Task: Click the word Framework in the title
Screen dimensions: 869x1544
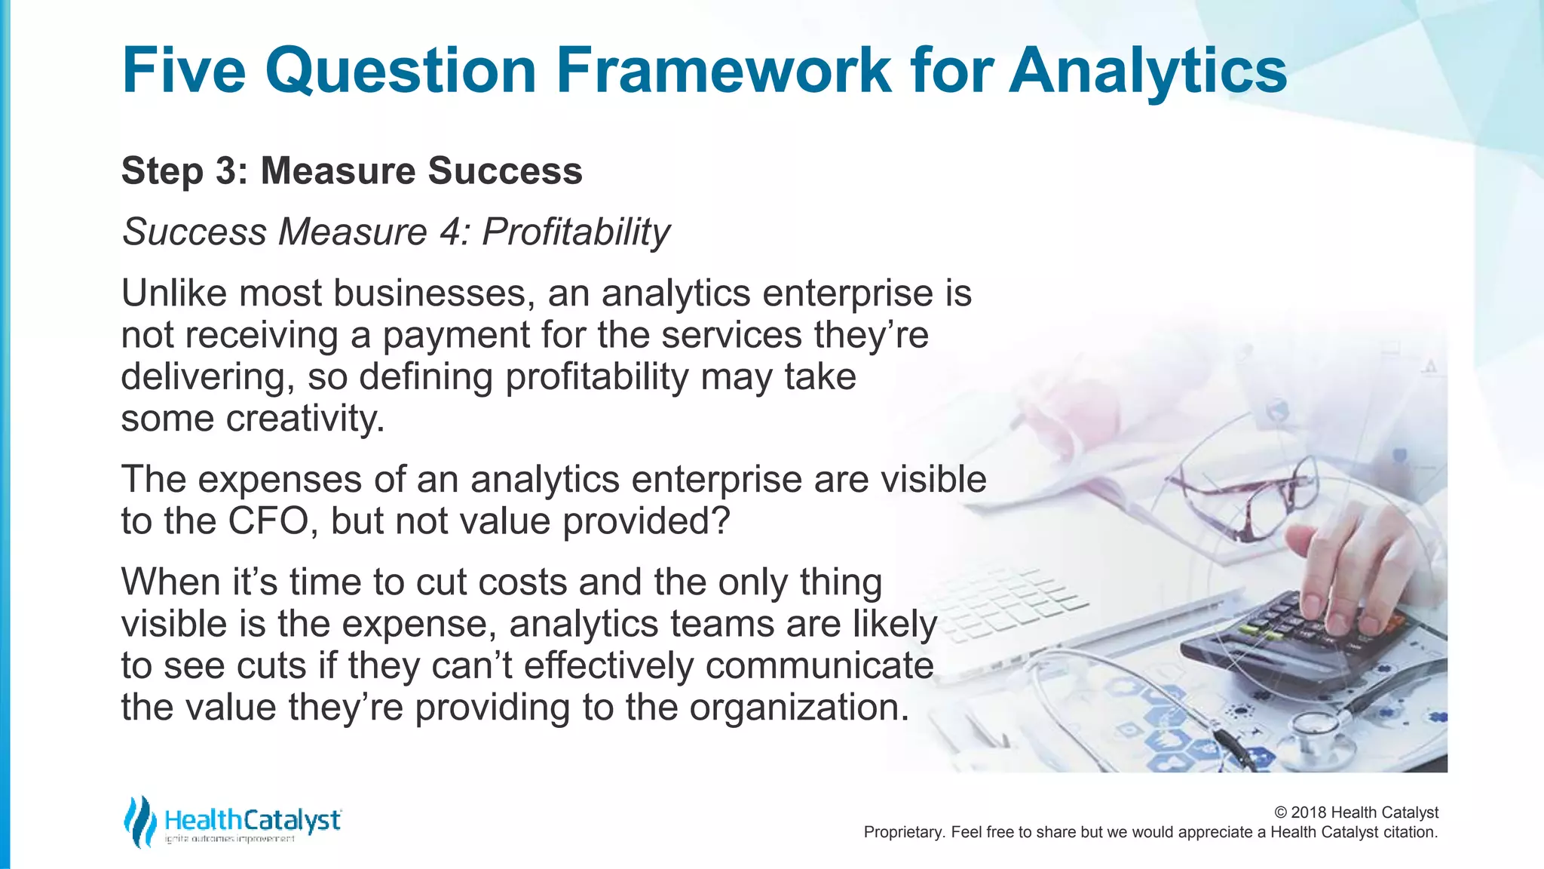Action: tap(724, 70)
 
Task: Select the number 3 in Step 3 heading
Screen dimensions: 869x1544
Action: tap(226, 170)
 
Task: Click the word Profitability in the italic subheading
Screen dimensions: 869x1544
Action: tap(576, 232)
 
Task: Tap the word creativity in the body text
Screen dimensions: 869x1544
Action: tap(305, 419)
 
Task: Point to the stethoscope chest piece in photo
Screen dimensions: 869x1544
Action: tap(1316, 728)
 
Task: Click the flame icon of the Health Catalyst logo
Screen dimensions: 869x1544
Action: tap(140, 821)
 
